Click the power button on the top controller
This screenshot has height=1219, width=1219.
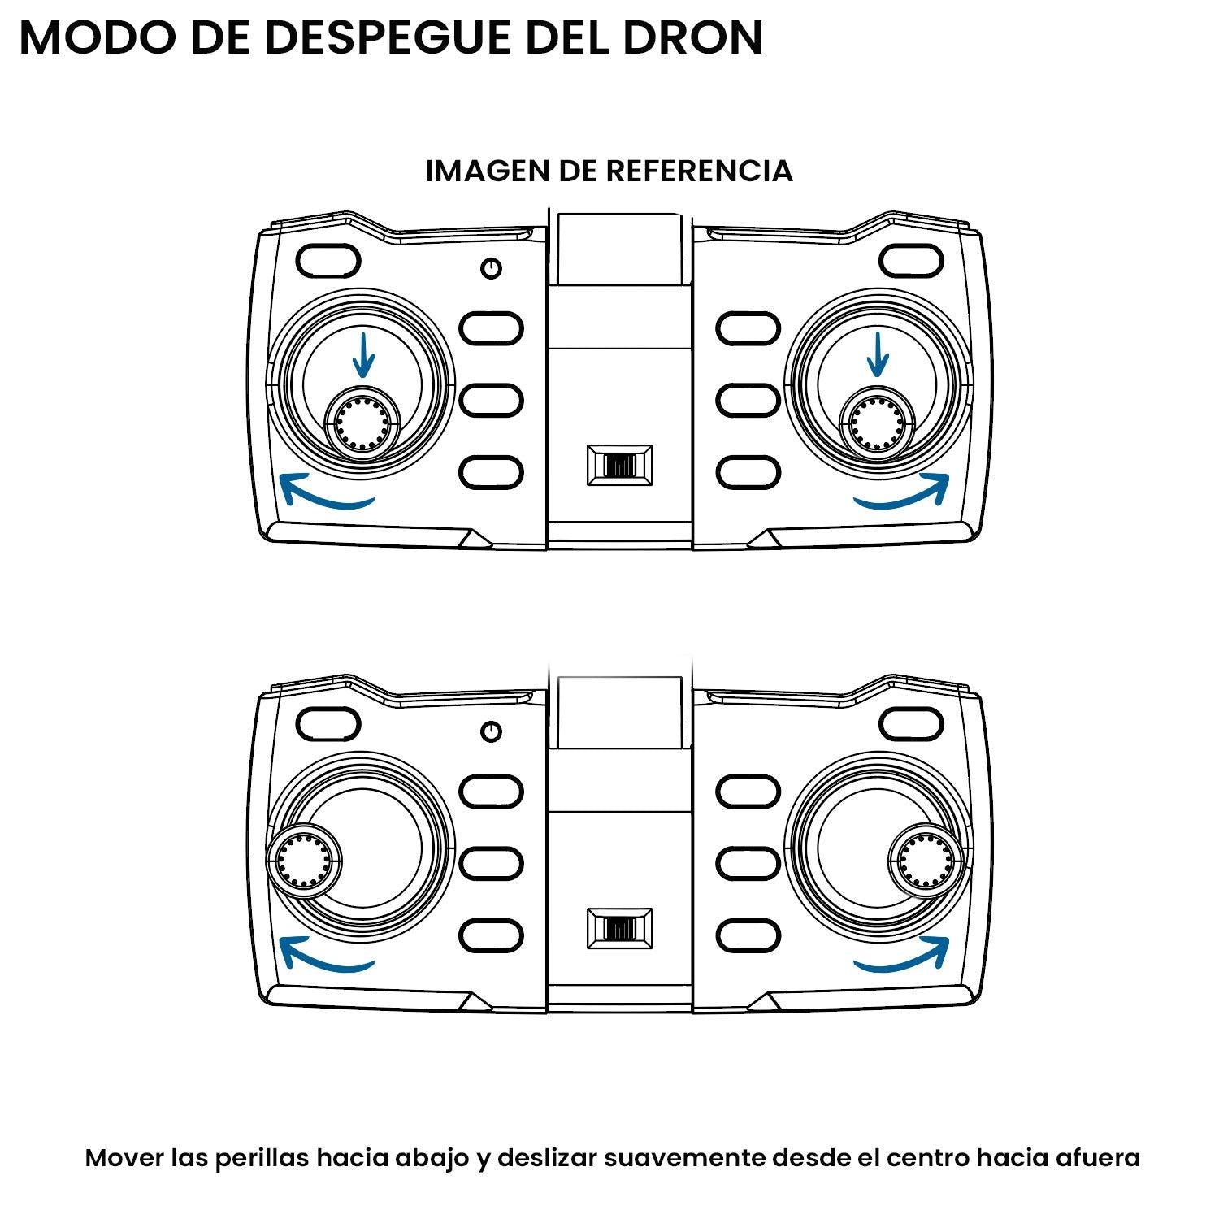pyautogui.click(x=491, y=268)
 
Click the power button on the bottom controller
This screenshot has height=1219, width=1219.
pyautogui.click(x=491, y=731)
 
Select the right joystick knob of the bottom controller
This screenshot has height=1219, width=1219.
pyautogui.click(x=927, y=859)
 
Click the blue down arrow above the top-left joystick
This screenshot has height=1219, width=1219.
pyautogui.click(x=363, y=355)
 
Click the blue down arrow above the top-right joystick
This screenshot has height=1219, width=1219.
pyautogui.click(x=877, y=355)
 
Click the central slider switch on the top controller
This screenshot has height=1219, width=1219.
pyautogui.click(x=620, y=466)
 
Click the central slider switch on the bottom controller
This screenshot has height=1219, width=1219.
pyautogui.click(x=620, y=928)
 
